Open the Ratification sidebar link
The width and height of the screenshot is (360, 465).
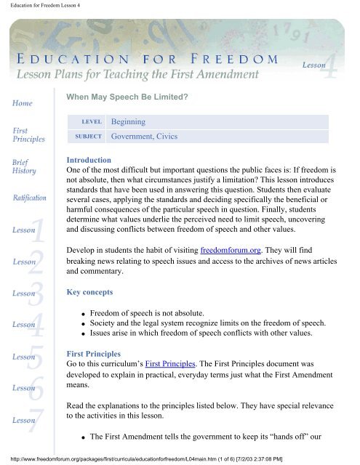29,196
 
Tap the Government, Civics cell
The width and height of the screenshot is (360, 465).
144,136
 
